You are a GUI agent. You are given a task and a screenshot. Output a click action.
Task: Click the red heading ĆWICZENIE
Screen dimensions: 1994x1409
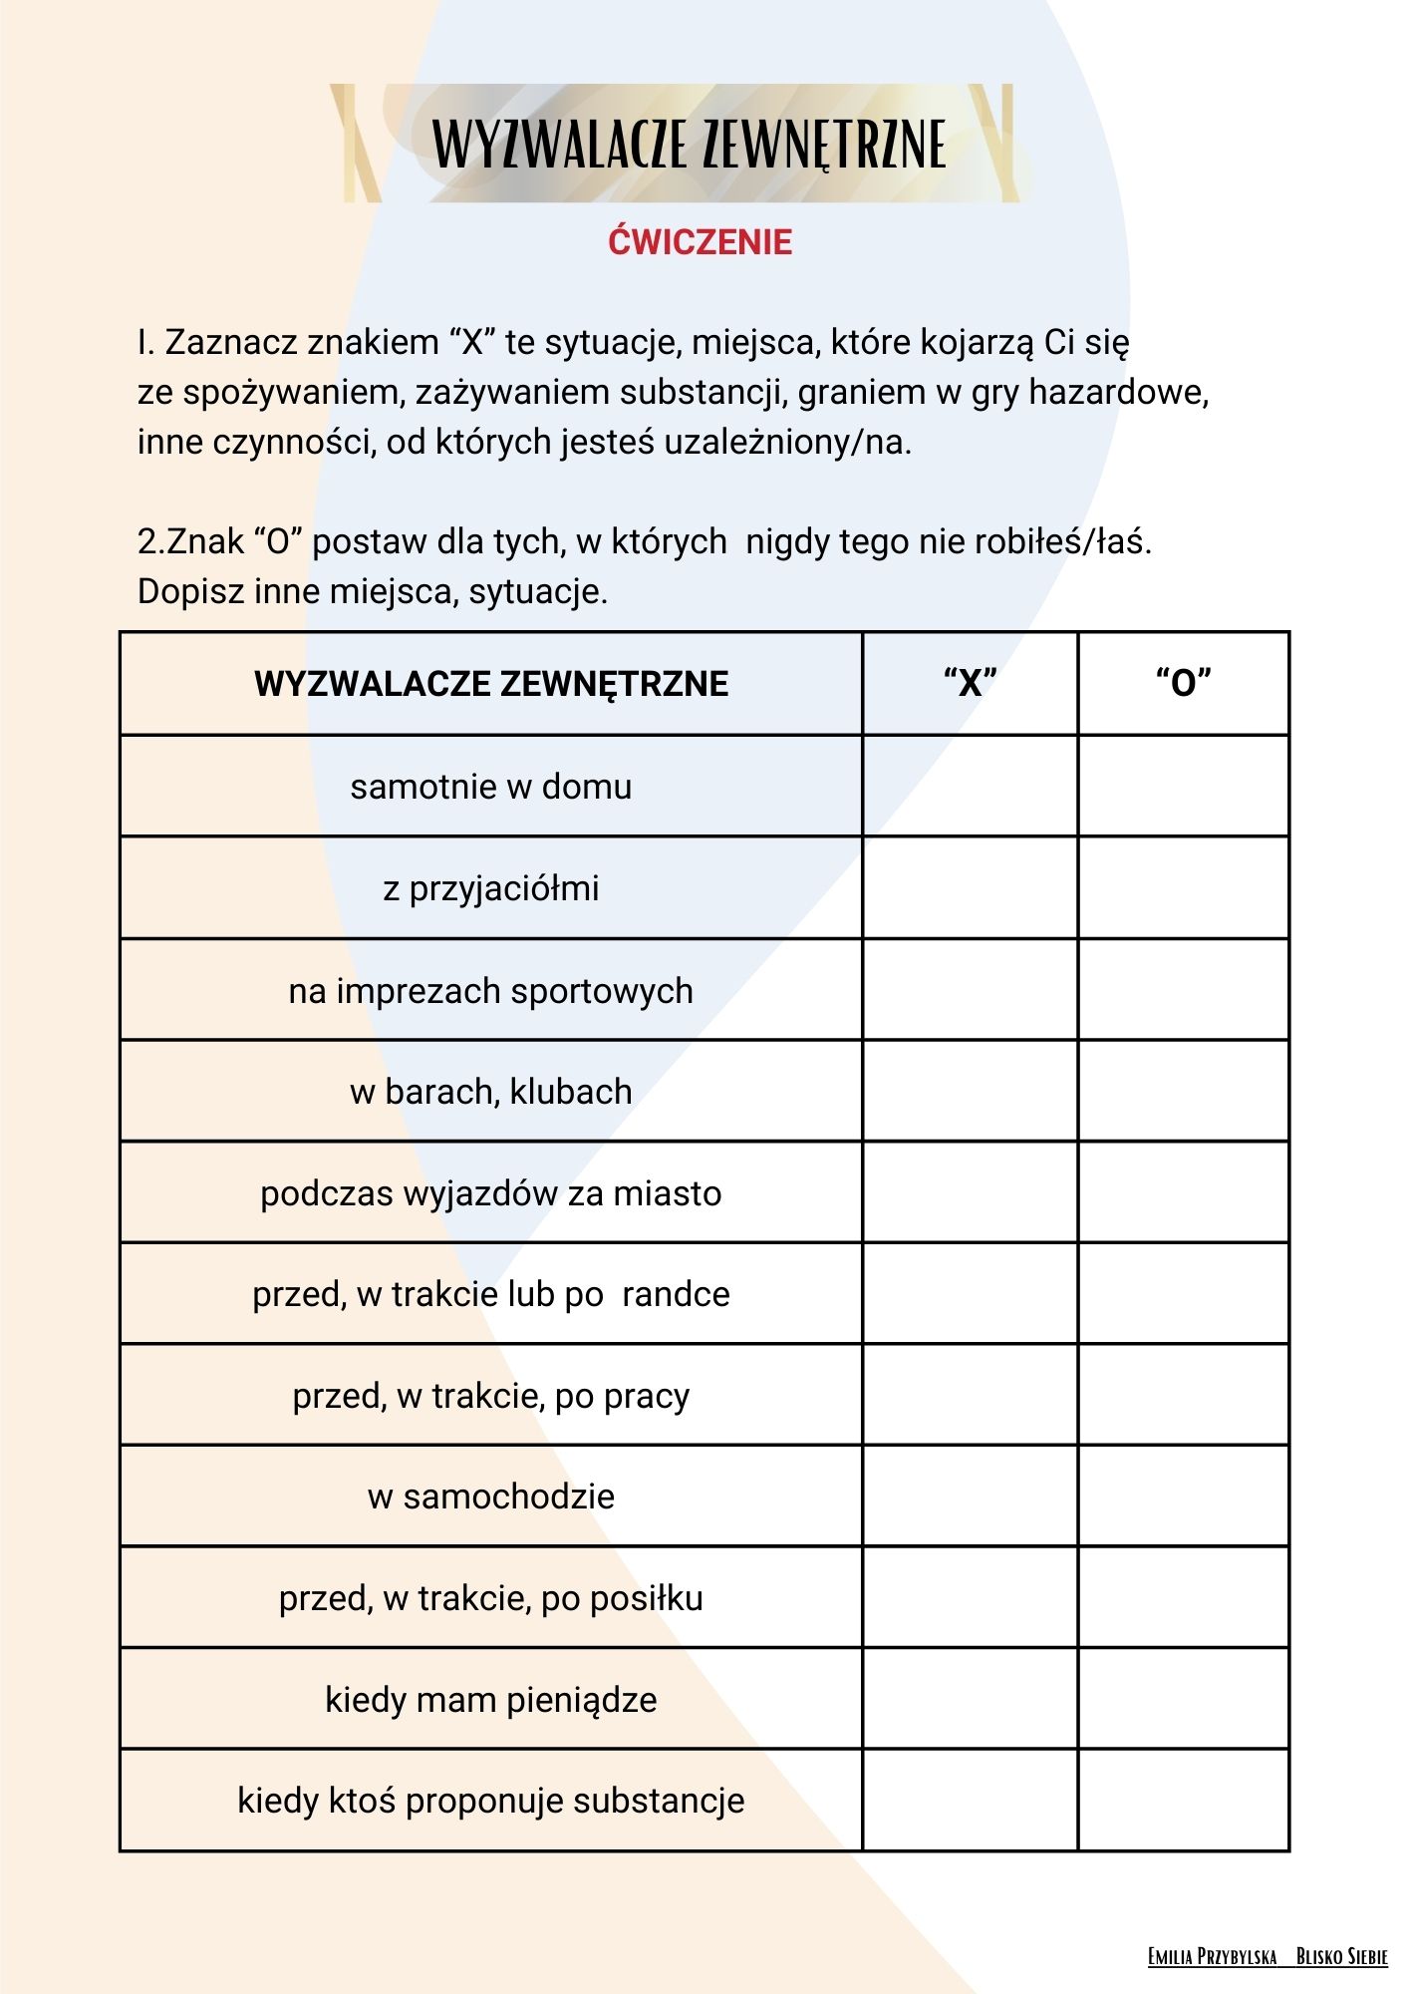[700, 242]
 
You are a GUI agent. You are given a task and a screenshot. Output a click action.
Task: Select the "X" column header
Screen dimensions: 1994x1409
[970, 684]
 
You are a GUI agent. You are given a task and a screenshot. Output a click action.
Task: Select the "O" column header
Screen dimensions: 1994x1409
[1184, 684]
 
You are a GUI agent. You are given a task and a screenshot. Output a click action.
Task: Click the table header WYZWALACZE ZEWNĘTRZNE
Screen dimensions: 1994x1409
[491, 684]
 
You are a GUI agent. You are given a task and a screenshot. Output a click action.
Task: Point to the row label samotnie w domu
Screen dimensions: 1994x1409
[491, 787]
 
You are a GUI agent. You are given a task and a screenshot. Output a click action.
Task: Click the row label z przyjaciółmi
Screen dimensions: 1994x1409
[491, 888]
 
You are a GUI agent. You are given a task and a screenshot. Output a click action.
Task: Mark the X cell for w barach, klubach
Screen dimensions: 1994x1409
[970, 1092]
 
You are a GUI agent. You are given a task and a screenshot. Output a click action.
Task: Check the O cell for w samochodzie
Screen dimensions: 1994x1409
[1184, 1496]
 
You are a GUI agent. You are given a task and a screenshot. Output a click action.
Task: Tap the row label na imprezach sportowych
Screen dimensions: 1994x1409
[491, 991]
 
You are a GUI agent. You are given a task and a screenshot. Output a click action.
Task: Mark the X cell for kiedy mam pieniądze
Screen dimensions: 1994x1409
[970, 1699]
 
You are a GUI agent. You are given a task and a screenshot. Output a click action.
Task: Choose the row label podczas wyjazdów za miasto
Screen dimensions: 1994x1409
[491, 1193]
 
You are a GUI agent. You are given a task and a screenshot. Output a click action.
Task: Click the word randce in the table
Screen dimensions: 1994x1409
[676, 1294]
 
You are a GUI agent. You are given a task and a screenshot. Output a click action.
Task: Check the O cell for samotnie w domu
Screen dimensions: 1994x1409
[1184, 787]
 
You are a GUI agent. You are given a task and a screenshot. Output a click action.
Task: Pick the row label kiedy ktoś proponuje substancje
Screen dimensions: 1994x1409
[491, 1801]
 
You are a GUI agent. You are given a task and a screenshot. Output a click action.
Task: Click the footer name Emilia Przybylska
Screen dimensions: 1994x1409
[1212, 1956]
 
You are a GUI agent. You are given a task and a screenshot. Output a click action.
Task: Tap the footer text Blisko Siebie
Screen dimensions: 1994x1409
[1341, 1956]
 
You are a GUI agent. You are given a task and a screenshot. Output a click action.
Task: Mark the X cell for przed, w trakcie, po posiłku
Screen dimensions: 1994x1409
[970, 1598]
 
